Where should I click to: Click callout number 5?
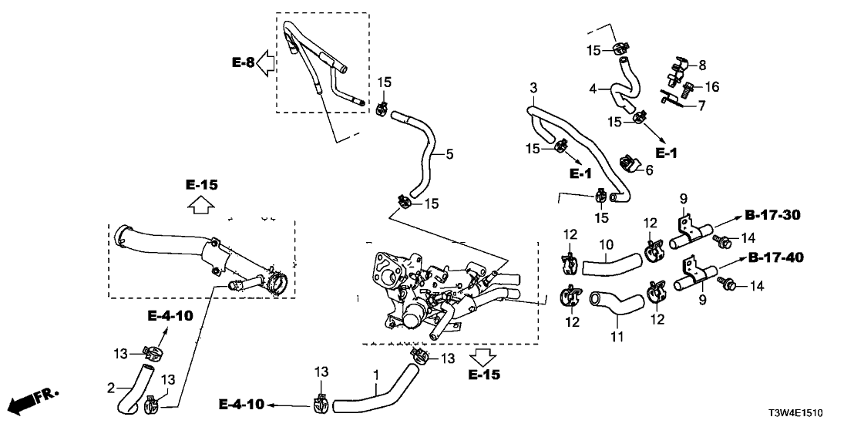[449, 154]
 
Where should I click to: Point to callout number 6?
[648, 169]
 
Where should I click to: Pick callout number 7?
[701, 106]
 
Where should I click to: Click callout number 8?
[702, 65]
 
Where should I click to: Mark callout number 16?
[713, 87]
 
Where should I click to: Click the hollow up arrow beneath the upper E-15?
[202, 205]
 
